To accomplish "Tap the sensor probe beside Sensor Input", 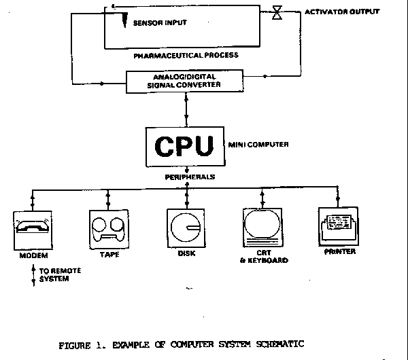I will [127, 22].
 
